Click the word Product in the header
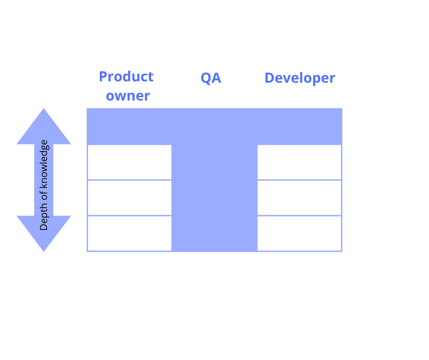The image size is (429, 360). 126,76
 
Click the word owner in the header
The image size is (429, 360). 128,96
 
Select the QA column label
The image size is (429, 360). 211,78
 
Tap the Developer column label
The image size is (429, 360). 300,79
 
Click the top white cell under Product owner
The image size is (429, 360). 130,162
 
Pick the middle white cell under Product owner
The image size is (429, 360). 130,198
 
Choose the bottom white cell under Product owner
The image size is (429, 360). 130,233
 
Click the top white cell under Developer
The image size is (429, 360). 299,162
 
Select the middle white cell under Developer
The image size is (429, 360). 299,198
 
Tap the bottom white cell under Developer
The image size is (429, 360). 299,233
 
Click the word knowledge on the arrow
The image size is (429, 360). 44,164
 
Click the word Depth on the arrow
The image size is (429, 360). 44,217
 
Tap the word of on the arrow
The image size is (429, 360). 44,196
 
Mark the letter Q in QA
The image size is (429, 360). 206,79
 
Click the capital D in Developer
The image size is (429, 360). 270,78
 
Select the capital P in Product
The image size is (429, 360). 103,76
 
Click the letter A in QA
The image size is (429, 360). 216,78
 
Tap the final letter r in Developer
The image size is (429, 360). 332,79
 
